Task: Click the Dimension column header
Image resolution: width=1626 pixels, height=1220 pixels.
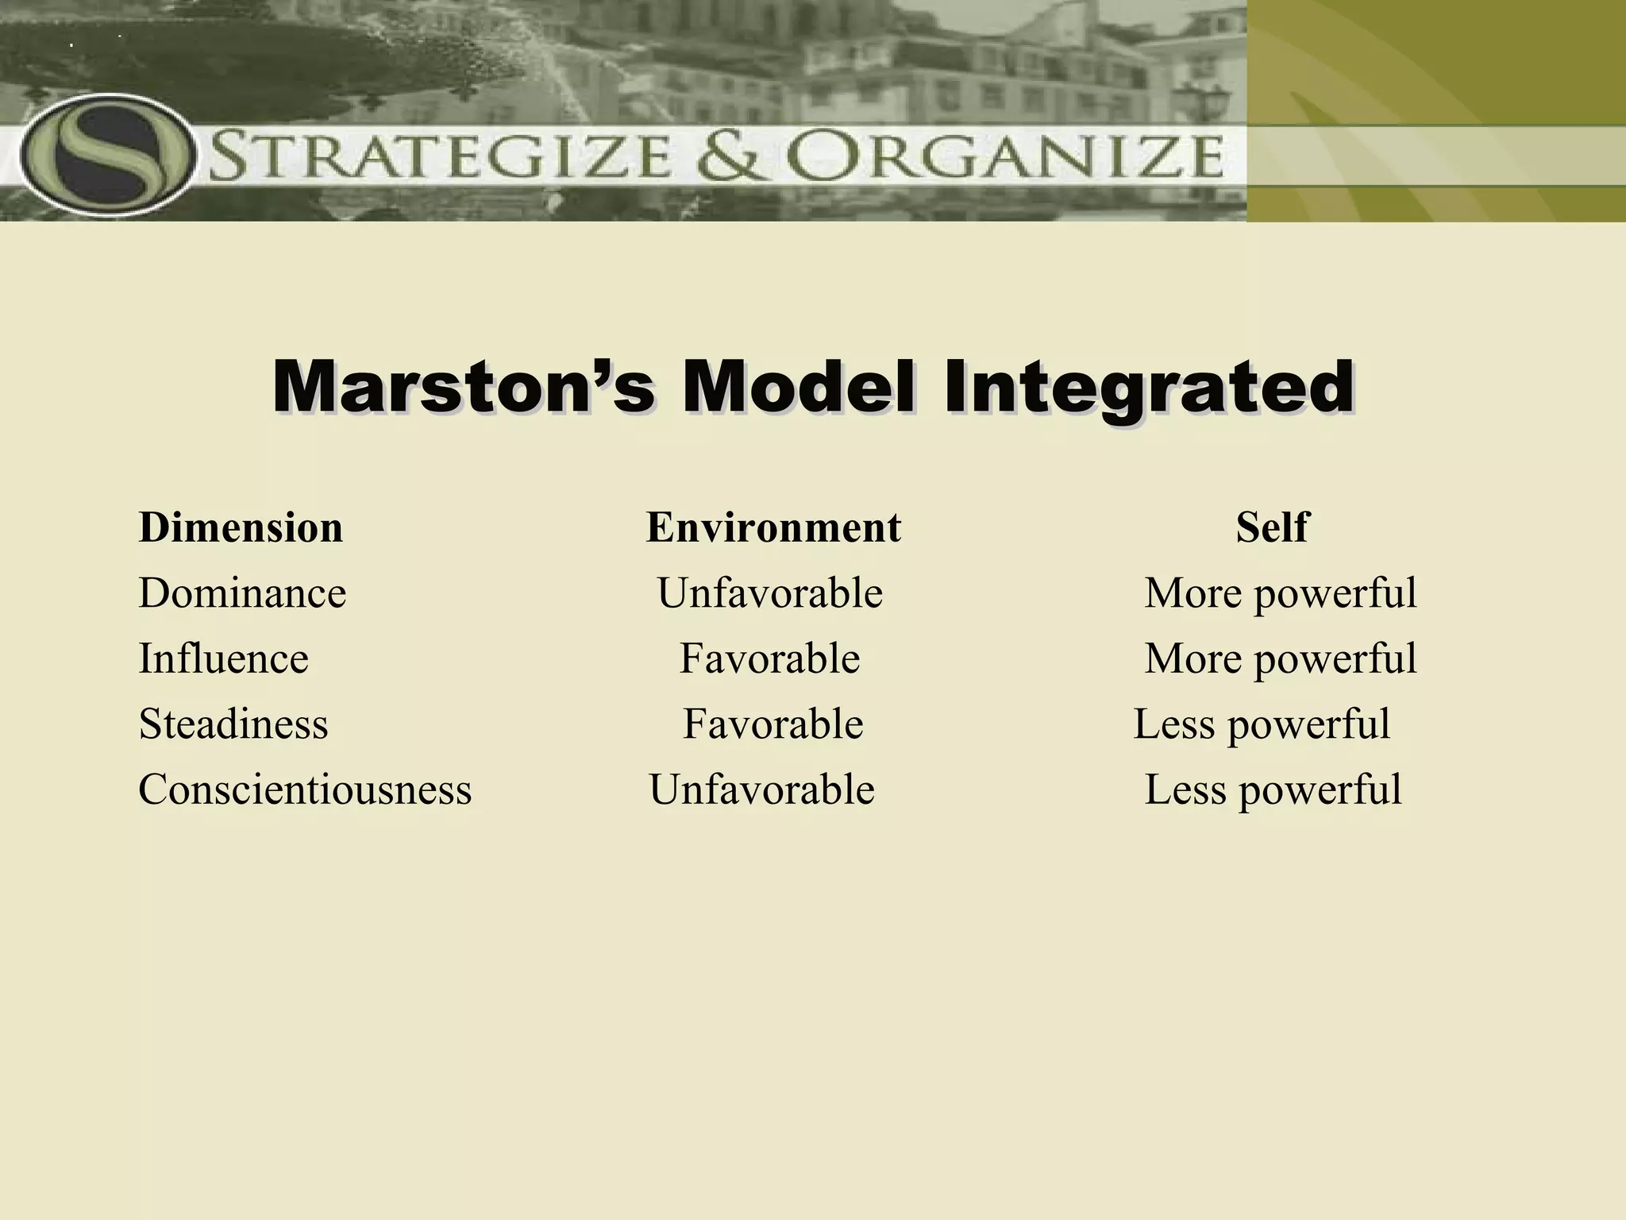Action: [x=241, y=527]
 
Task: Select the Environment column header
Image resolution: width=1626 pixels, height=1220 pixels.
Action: [x=773, y=527]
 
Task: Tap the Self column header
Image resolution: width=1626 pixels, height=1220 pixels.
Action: [x=1271, y=527]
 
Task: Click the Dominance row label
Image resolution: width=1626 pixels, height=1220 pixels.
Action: [x=242, y=593]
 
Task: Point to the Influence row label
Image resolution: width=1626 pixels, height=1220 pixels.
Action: [x=223, y=658]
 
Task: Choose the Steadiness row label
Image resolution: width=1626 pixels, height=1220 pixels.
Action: [x=233, y=724]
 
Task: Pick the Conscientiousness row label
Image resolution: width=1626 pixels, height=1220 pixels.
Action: [x=305, y=790]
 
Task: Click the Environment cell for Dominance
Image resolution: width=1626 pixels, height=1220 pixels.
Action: [x=769, y=593]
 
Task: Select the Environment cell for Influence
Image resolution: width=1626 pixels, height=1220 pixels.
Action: [x=769, y=658]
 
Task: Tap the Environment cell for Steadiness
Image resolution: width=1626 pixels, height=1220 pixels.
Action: [x=773, y=724]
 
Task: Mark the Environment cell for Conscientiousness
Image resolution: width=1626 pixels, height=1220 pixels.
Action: [x=761, y=790]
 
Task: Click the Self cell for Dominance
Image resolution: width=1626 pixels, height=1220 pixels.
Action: [x=1280, y=593]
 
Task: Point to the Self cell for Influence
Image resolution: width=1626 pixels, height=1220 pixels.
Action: [x=1280, y=658]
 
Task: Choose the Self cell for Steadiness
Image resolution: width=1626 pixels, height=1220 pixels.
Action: [x=1262, y=724]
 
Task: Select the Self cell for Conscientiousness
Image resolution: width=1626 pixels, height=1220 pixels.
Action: [x=1273, y=790]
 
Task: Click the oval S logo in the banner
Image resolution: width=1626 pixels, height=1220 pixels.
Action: [x=106, y=156]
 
